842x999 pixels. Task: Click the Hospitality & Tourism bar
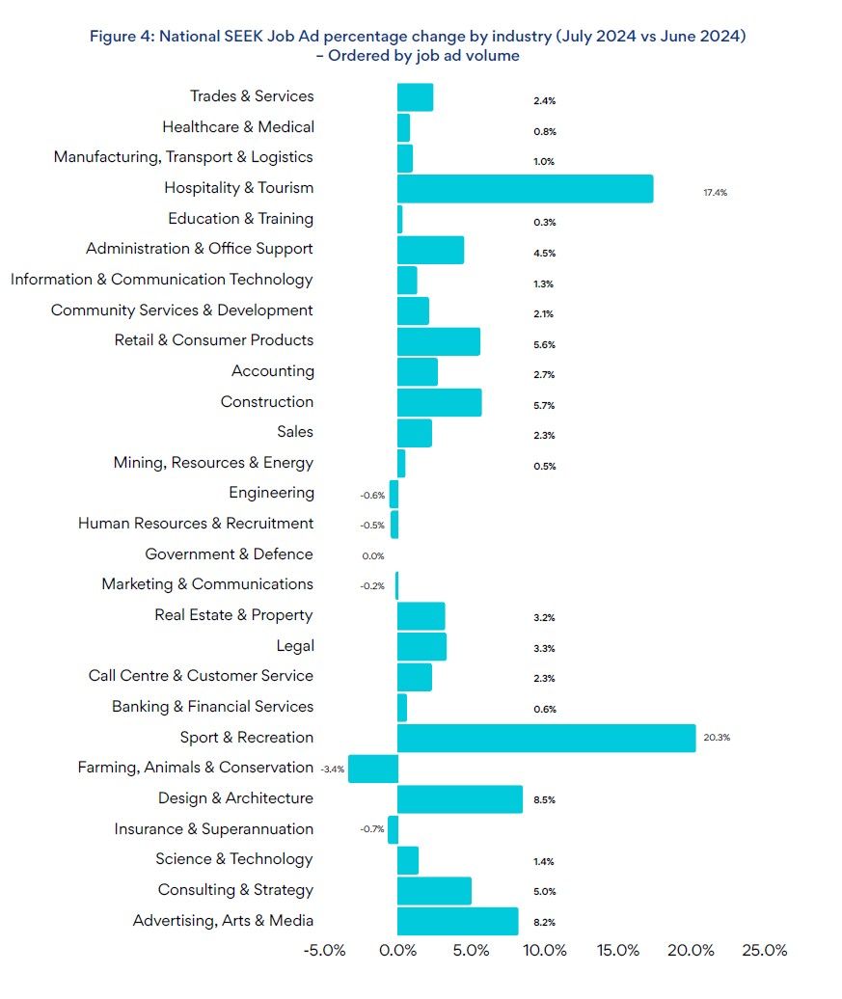[525, 188]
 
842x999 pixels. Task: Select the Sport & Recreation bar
[546, 738]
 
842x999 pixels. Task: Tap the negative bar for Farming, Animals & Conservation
[373, 769]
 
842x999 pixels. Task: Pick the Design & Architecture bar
[460, 799]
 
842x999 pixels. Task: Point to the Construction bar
[439, 402]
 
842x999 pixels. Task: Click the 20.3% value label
[717, 738]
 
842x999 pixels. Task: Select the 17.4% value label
[715, 193]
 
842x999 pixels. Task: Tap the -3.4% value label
[332, 769]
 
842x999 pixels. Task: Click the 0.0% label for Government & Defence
[373, 555]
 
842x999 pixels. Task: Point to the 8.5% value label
[544, 800]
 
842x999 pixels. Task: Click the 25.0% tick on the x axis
[764, 950]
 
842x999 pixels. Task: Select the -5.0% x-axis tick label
[324, 950]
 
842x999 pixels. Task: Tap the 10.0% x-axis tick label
[544, 950]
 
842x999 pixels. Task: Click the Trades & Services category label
[252, 96]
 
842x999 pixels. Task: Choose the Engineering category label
[271, 493]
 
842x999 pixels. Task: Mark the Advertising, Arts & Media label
[223, 921]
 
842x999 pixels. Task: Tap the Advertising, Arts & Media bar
[457, 921]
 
